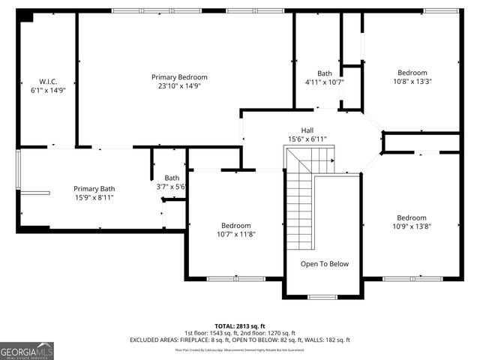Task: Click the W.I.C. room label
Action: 37,81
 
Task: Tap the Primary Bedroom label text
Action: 179,77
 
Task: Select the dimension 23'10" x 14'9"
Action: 179,86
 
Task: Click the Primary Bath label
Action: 94,189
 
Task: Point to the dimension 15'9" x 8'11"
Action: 94,198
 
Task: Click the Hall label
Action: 307,130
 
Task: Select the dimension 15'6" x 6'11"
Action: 307,139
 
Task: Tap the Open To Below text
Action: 325,264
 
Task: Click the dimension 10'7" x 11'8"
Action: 235,234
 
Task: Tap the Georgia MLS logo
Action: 27,350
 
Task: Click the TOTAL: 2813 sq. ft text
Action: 239,326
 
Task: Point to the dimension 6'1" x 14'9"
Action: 37,90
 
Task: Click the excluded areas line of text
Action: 239,340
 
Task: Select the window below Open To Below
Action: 322,297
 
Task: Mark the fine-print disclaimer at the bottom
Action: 239,349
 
